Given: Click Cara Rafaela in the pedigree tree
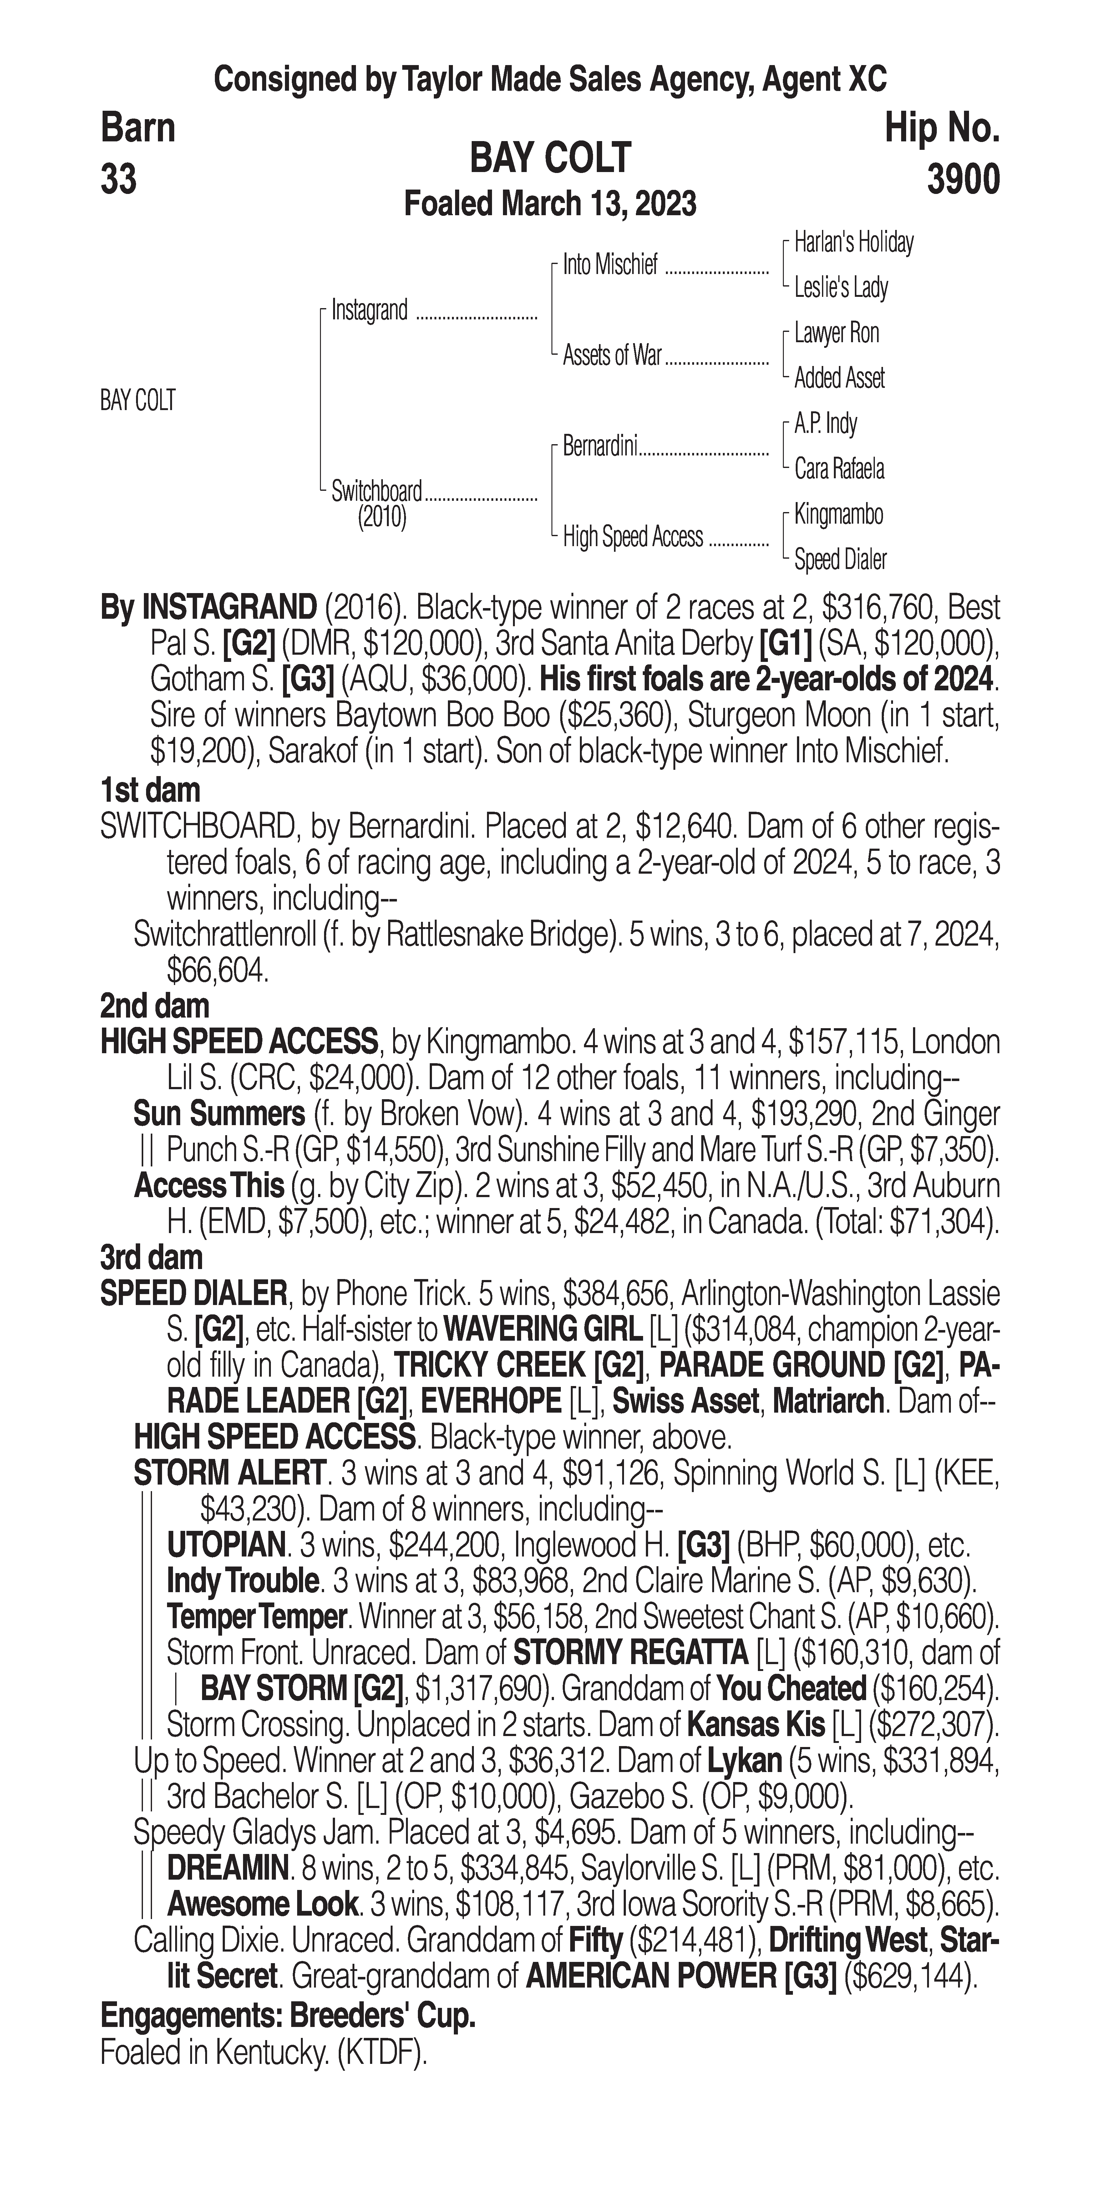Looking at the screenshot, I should pyautogui.click(x=839, y=469).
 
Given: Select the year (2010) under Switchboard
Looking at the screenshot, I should pyautogui.click(x=382, y=517).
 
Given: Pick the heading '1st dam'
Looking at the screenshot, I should pyautogui.click(x=150, y=790).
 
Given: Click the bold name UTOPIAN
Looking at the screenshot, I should pyautogui.click(x=225, y=1545).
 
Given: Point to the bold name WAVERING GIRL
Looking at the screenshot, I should pyautogui.click(x=541, y=1329).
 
